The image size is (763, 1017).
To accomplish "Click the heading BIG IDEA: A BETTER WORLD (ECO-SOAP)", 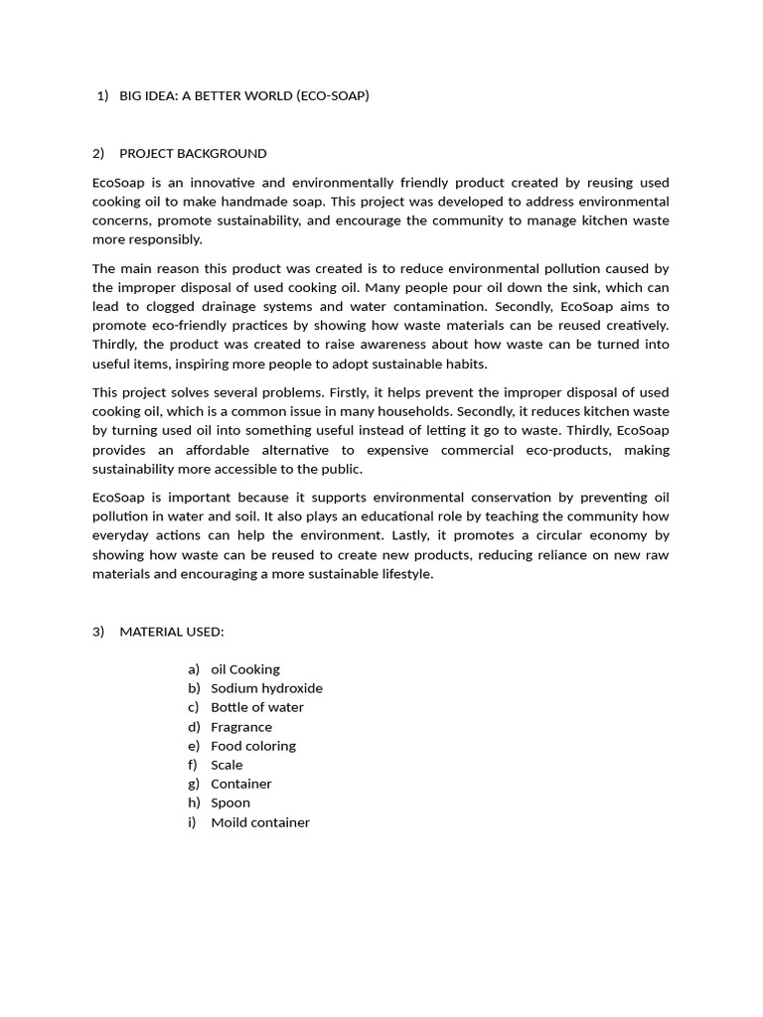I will (x=243, y=96).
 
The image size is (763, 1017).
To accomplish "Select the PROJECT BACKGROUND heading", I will (x=193, y=153).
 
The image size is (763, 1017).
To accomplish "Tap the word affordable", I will (x=235, y=450).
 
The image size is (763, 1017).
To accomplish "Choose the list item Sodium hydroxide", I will (x=266, y=688).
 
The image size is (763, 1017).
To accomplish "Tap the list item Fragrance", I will (x=241, y=727).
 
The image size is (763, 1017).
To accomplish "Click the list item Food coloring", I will (x=253, y=746).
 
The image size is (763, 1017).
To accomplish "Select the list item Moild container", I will (x=260, y=822).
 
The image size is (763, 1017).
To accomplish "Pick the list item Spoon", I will (x=230, y=802).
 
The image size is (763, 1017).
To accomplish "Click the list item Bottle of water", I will (x=257, y=707).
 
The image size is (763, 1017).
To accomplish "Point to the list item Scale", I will (x=227, y=765).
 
